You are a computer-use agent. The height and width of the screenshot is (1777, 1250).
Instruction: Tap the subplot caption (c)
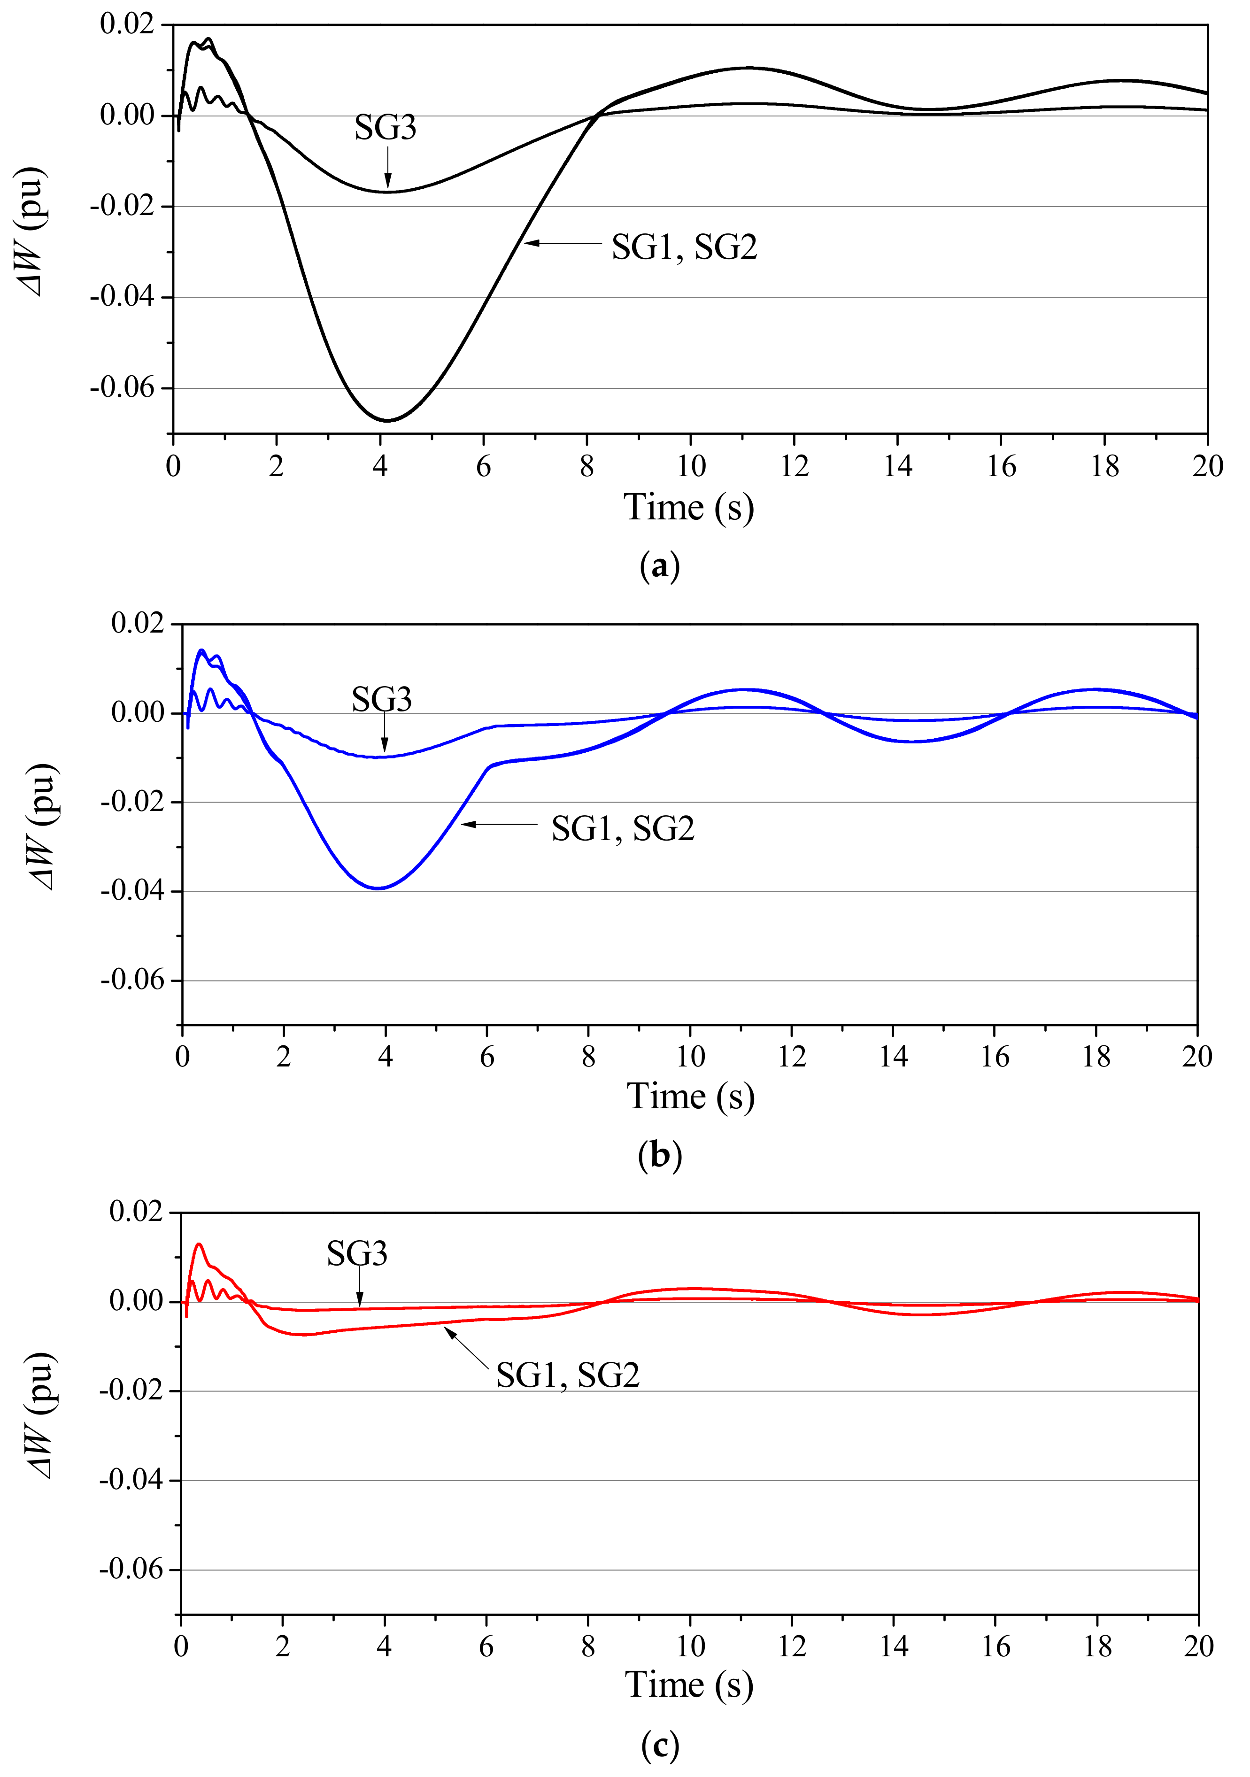(x=659, y=1745)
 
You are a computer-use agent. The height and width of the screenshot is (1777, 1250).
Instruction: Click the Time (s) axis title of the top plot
(x=688, y=509)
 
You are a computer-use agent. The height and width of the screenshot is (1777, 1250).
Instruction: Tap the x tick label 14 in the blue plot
(x=893, y=1057)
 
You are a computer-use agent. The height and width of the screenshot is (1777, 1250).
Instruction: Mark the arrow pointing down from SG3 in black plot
(x=387, y=169)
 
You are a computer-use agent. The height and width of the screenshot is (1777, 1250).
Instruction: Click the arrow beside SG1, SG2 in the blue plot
(x=499, y=824)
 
